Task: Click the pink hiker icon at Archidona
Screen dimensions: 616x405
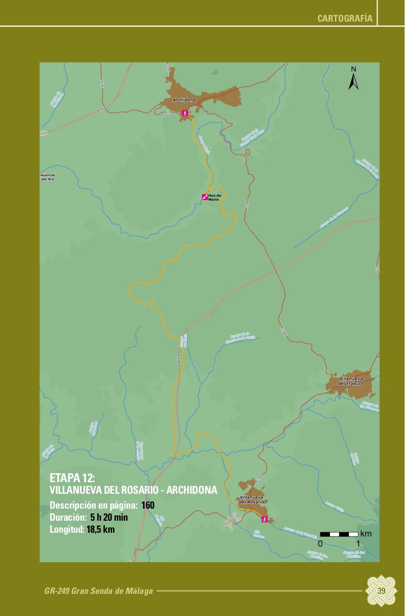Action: pos(185,113)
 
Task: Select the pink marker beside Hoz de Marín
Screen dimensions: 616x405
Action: pos(204,197)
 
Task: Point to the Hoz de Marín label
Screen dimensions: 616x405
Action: pos(214,197)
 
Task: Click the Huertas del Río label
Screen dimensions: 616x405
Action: pos(48,177)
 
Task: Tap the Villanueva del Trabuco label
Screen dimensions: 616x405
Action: pos(351,381)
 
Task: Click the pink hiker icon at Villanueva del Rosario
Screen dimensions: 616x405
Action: pos(264,519)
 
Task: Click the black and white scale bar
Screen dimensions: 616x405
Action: pos(339,534)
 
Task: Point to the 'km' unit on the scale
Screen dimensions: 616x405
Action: pos(366,534)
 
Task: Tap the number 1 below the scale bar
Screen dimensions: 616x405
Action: pos(357,544)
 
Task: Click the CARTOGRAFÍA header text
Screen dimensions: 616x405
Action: pos(345,19)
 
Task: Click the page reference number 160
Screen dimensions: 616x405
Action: pos(148,505)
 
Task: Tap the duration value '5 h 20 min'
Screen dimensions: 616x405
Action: pos(109,518)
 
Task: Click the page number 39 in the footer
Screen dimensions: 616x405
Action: pos(381,591)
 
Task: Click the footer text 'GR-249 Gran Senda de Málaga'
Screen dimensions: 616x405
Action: pos(99,591)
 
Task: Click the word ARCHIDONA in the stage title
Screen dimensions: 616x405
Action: pos(191,490)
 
